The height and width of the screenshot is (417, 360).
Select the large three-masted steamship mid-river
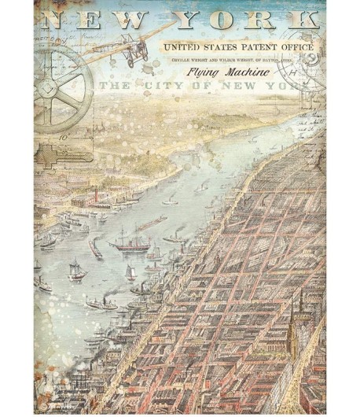pyautogui.click(x=130, y=242)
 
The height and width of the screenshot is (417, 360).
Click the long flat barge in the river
pyautogui.click(x=149, y=225)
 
